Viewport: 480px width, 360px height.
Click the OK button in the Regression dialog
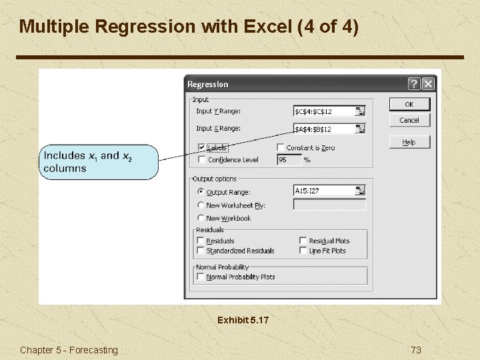[409, 104]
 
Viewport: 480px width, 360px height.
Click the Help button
[409, 142]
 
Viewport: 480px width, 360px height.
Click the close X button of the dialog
[428, 84]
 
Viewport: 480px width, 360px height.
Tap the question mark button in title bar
[414, 84]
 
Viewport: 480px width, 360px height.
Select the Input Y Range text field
[324, 111]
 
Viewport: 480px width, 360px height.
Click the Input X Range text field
[324, 129]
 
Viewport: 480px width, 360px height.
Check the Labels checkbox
[202, 147]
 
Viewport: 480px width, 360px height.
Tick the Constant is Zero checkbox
[281, 147]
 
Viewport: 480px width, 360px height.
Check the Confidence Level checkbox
[202, 159]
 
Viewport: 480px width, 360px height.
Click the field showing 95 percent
[288, 159]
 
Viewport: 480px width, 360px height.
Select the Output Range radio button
[201, 192]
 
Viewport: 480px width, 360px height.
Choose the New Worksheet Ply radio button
[201, 205]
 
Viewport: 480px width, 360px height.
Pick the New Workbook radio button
[201, 218]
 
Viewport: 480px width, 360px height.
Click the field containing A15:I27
[324, 191]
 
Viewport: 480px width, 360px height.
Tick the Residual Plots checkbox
[303, 241]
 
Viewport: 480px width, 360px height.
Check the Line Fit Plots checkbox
[303, 251]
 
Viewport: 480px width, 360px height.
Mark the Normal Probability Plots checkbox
[201, 277]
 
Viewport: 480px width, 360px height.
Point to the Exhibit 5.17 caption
[243, 321]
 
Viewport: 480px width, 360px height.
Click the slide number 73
[416, 350]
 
